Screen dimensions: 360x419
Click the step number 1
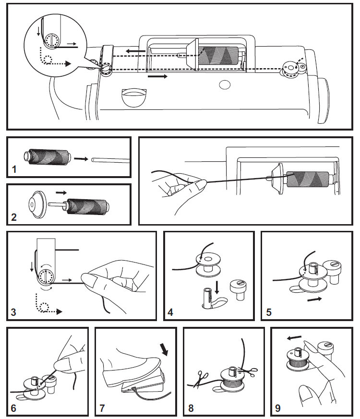coord(14,169)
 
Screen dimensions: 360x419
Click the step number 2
coord(14,217)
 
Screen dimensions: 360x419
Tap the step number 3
coord(13,312)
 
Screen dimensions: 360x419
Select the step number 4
coord(170,312)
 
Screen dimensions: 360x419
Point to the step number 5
coord(269,312)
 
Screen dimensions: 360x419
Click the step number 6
coord(13,408)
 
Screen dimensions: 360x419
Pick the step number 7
coord(102,408)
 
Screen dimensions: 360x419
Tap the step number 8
coord(191,408)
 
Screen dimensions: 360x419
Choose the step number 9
coord(278,408)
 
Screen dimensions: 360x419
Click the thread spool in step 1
coord(48,157)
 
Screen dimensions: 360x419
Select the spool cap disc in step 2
coord(37,204)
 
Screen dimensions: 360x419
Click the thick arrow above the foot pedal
coord(164,349)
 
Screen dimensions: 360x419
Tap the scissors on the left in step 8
coord(201,378)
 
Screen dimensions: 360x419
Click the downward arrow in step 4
coord(217,287)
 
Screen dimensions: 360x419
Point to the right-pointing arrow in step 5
coord(314,299)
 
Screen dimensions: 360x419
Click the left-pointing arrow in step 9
coord(294,338)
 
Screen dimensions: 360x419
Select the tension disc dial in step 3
coord(46,276)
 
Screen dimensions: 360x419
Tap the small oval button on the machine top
coord(225,84)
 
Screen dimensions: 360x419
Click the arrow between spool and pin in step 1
coord(81,159)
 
